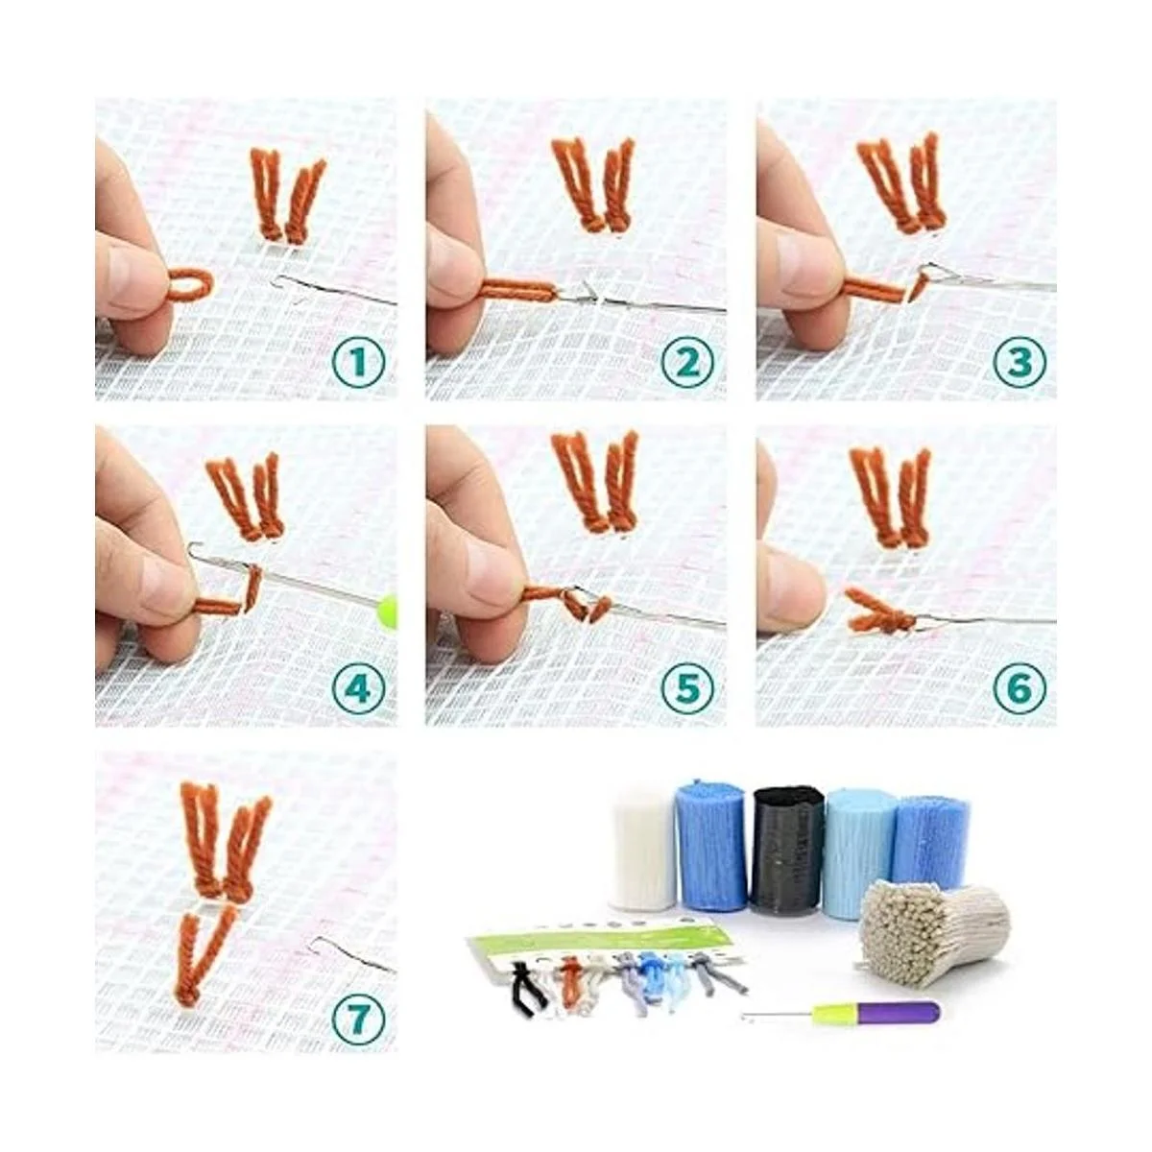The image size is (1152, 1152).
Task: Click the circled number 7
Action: coord(358,1015)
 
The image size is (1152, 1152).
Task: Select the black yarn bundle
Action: coord(787,850)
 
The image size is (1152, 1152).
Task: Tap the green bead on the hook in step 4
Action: coord(387,612)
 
